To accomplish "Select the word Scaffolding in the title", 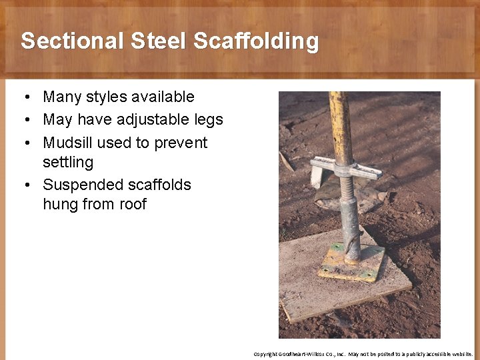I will tap(256, 41).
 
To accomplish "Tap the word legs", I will tap(207, 120).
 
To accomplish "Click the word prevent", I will tap(181, 143).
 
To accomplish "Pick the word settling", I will tap(68, 162).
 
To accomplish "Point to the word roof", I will tap(133, 204).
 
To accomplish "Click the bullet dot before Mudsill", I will tap(23, 143).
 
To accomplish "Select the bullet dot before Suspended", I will tap(23, 185).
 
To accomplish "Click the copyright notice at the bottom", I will tap(363, 354).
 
